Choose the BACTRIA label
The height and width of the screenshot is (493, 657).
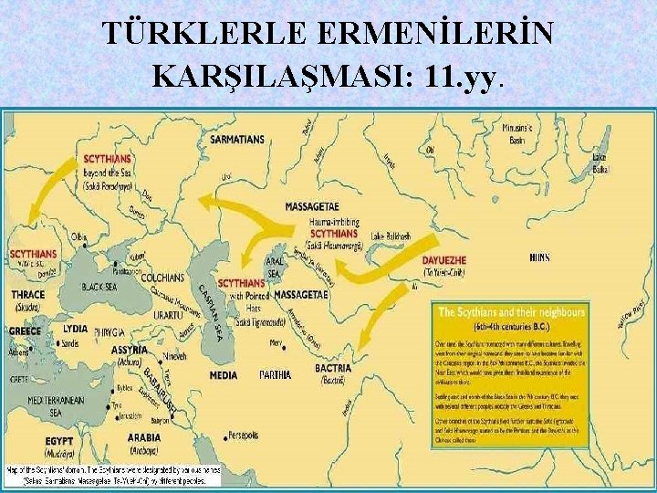[331, 367]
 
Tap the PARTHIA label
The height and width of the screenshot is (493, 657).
[275, 374]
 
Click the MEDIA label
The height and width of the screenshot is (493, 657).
[224, 374]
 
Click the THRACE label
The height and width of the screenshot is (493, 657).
[27, 296]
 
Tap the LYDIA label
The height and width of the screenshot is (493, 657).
[76, 328]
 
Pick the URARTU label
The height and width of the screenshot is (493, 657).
[169, 314]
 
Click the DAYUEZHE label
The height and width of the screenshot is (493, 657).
[444, 259]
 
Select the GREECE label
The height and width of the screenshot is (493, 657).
[26, 331]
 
